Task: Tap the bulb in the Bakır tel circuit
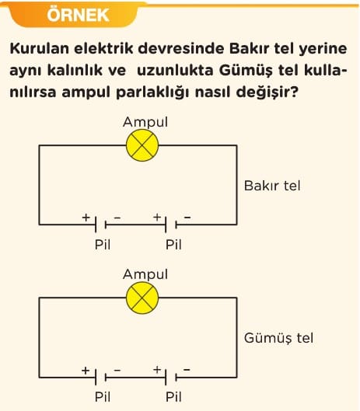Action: (142, 145)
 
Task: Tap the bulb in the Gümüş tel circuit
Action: (142, 298)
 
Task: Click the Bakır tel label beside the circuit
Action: (272, 186)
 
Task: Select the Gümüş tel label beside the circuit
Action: (278, 338)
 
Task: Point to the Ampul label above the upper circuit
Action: (145, 122)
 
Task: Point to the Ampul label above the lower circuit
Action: (145, 274)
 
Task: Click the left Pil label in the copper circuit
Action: (103, 245)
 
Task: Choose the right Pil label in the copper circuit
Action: (173, 245)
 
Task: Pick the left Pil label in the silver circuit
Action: (103, 396)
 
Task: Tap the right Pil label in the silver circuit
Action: (173, 396)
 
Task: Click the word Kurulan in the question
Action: (40, 48)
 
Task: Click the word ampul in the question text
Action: (86, 92)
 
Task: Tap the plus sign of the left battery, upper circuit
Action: (86, 218)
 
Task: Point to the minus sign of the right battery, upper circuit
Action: (187, 218)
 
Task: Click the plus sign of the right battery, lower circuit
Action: (157, 370)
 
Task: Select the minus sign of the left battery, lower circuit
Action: (117, 370)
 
